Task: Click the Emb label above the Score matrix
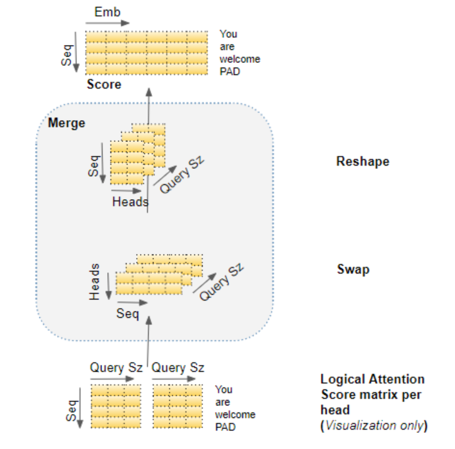pyautogui.click(x=107, y=12)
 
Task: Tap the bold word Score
pyautogui.click(x=104, y=85)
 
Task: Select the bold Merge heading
pyautogui.click(x=67, y=123)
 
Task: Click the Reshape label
pyautogui.click(x=363, y=162)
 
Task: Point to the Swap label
pyautogui.click(x=353, y=270)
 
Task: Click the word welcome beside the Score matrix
pyautogui.click(x=239, y=59)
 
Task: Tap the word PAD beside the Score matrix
pyautogui.click(x=230, y=71)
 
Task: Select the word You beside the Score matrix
pyautogui.click(x=228, y=34)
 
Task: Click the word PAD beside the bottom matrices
pyautogui.click(x=225, y=427)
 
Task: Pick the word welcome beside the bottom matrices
pyautogui.click(x=236, y=414)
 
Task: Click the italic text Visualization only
pyautogui.click(x=374, y=425)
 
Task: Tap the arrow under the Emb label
pyautogui.click(x=107, y=23)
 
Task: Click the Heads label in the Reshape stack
pyautogui.click(x=130, y=202)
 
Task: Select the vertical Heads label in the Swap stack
pyautogui.click(x=94, y=282)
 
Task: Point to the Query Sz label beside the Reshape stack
pyautogui.click(x=182, y=175)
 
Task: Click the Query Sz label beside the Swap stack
pyautogui.click(x=221, y=282)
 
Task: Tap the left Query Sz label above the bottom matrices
pyautogui.click(x=116, y=368)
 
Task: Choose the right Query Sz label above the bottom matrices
pyautogui.click(x=178, y=368)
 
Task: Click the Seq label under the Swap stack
pyautogui.click(x=128, y=314)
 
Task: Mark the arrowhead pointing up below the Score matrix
pyautogui.click(x=149, y=92)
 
